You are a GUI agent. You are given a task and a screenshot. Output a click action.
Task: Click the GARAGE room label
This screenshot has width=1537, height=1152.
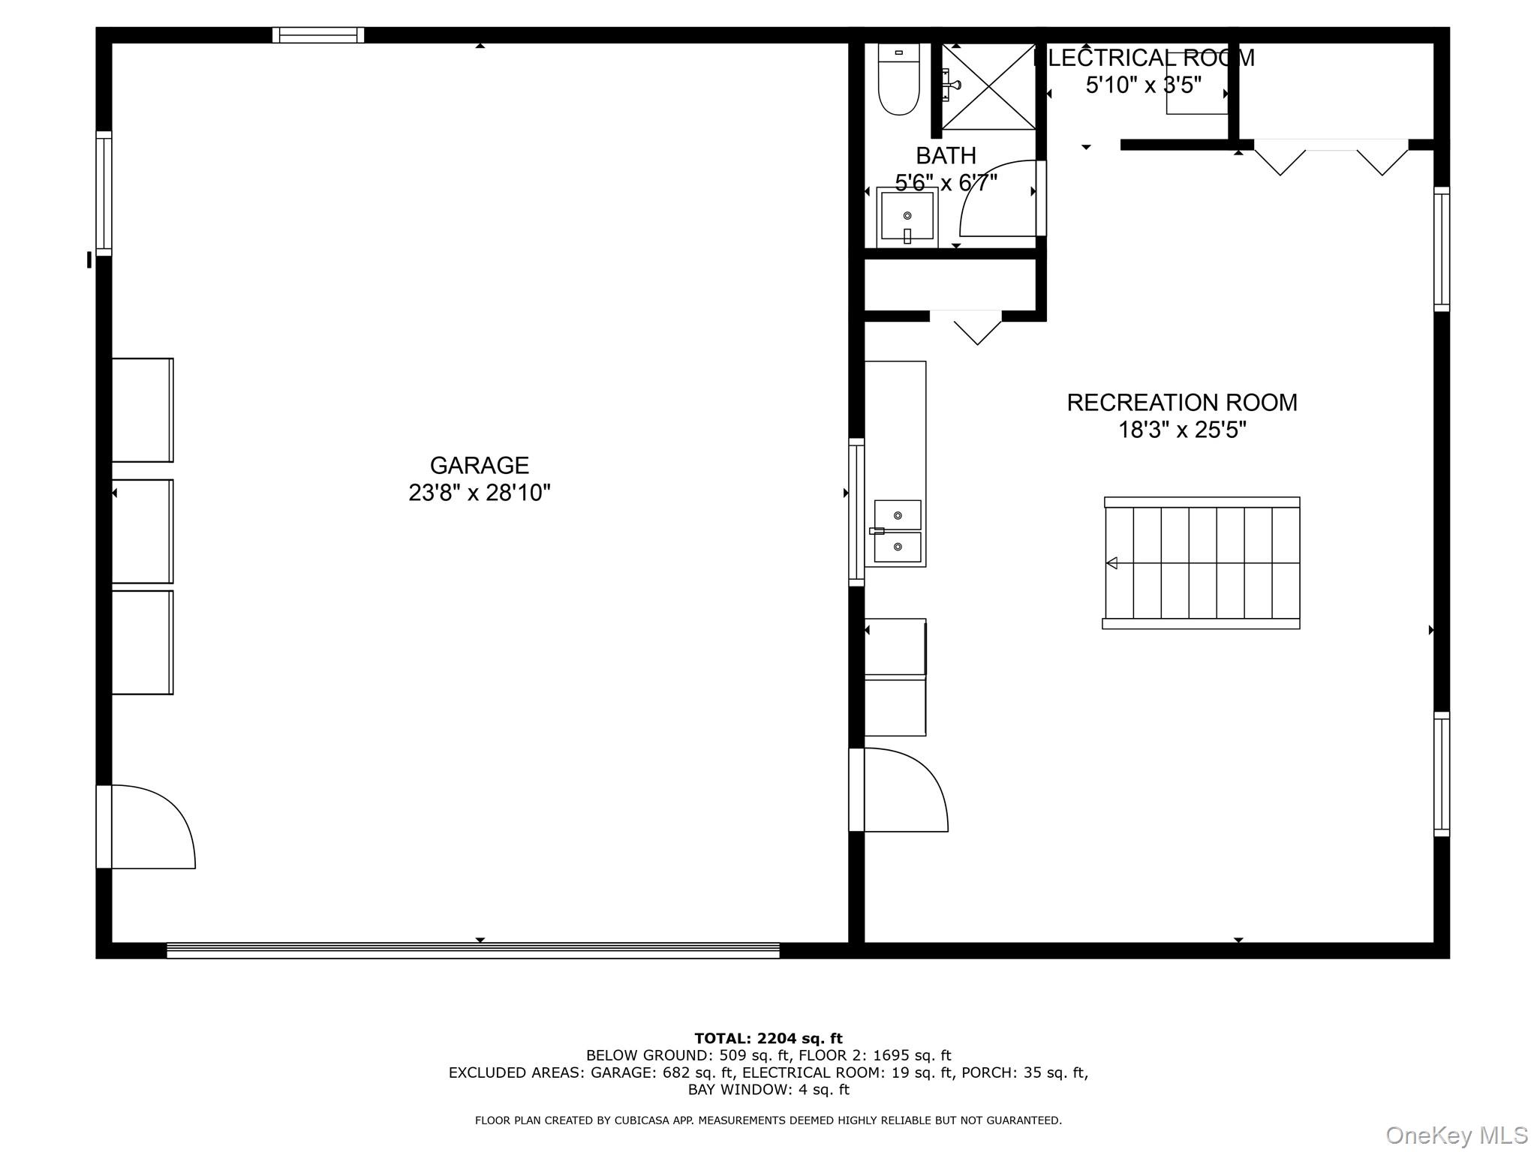[479, 466]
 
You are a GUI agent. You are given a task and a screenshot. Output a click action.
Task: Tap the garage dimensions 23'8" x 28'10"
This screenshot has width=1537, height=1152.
[479, 493]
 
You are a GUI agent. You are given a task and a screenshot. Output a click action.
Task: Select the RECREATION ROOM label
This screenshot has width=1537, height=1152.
[1181, 403]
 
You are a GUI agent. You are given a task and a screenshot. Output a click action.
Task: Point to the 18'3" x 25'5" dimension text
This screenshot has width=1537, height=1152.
[1181, 430]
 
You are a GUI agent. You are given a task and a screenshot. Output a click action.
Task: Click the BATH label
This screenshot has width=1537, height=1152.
[946, 156]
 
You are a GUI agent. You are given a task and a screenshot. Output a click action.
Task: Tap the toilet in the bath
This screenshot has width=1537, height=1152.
[898, 79]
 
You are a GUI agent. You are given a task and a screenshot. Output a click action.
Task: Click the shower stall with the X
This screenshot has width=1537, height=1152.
[989, 87]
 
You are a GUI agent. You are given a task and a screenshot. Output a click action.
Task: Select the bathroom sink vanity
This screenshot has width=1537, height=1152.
[907, 218]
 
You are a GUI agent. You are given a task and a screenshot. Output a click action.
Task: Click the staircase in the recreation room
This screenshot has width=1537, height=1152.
[1201, 562]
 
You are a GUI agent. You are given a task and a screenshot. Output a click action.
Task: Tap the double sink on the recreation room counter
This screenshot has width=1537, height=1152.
[897, 531]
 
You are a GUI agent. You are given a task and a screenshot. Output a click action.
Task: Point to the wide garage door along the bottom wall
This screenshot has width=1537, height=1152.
[473, 951]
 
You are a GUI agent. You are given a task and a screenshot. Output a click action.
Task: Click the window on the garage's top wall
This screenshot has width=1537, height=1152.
[318, 35]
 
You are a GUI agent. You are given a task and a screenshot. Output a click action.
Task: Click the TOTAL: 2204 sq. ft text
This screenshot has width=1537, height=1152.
[768, 1039]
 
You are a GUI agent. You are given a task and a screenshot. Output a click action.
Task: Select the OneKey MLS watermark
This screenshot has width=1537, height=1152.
[1456, 1135]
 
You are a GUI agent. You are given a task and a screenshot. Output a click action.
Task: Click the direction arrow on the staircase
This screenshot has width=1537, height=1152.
[1111, 563]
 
